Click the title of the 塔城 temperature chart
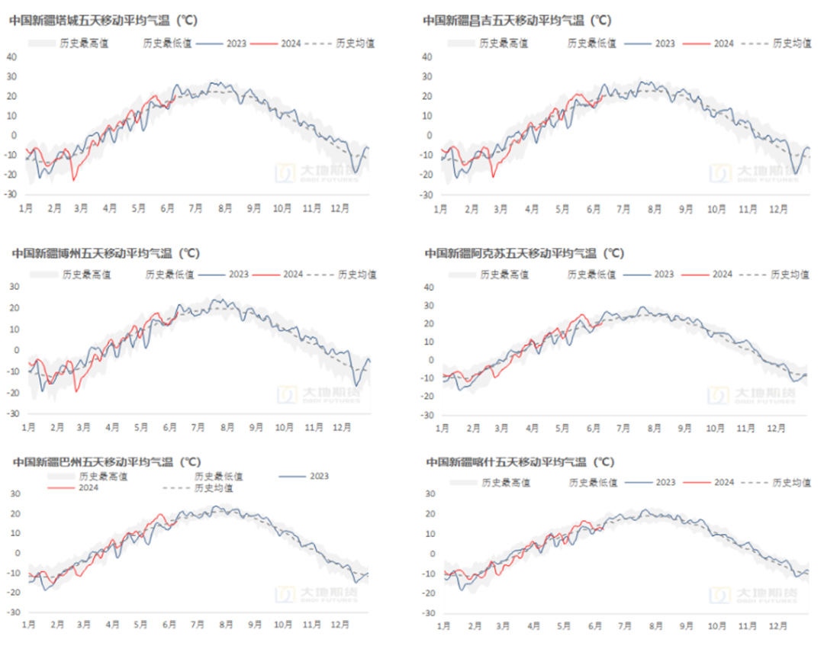coord(103,21)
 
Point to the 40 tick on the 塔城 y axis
coord(11,56)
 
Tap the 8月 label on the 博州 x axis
coord(227,427)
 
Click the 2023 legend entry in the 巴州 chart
coord(319,476)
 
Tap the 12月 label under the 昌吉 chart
coord(777,208)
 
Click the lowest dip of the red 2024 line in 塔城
coord(74,179)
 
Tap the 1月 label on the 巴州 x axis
coord(29,624)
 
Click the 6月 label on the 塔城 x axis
coord(167,207)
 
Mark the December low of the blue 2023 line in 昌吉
coord(796,174)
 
